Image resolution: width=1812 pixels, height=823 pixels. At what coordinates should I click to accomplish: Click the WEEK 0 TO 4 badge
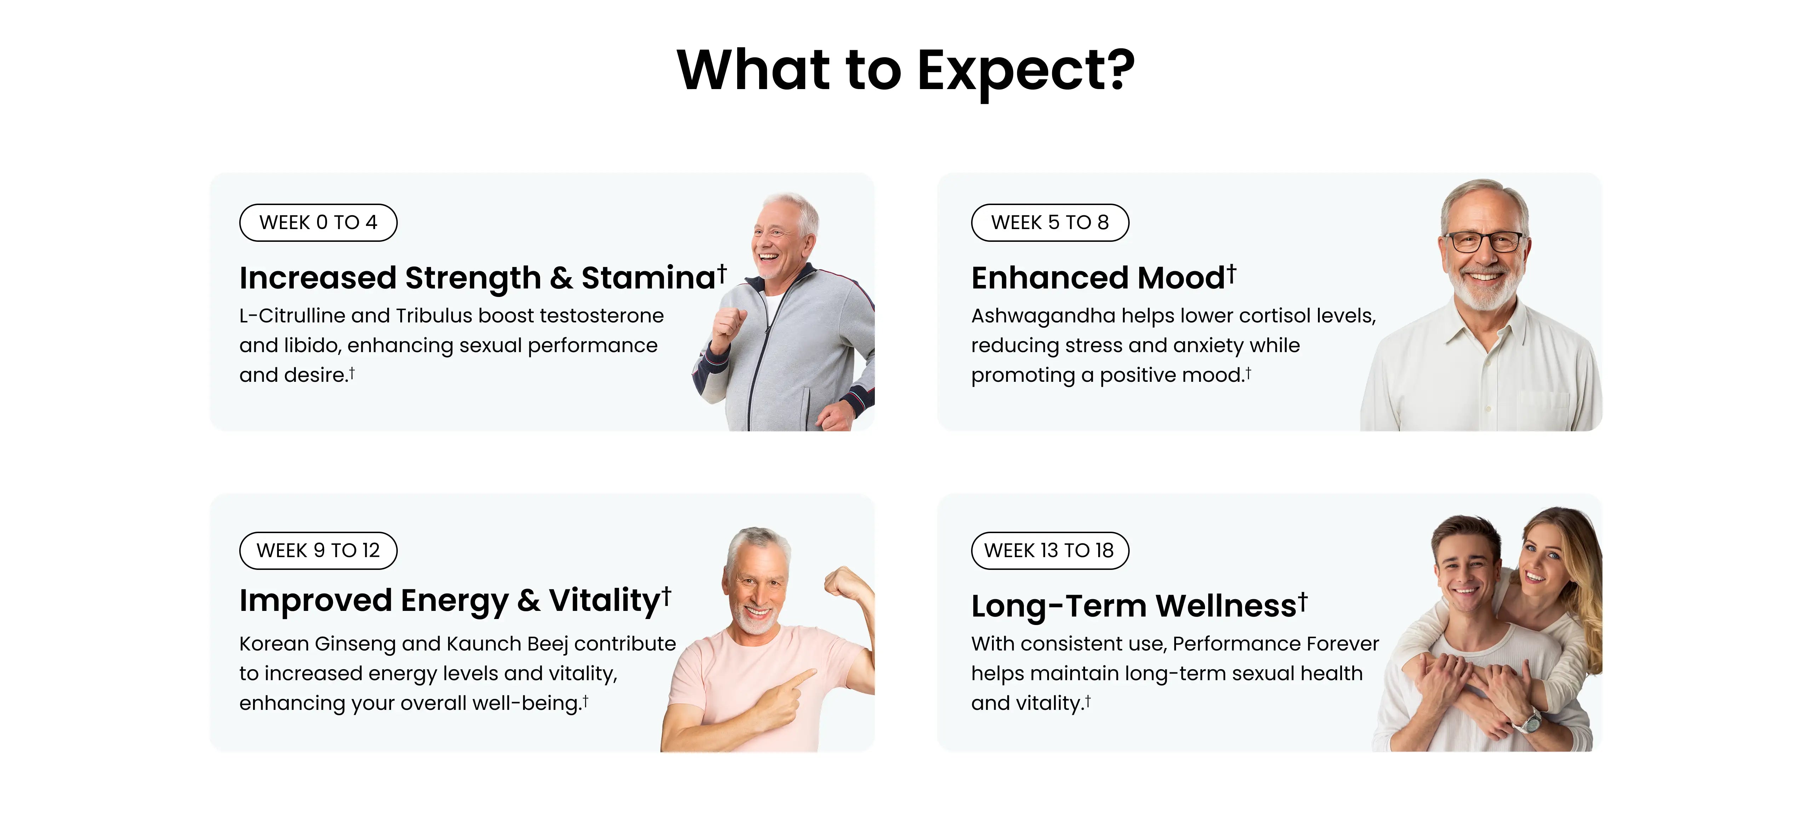(x=318, y=223)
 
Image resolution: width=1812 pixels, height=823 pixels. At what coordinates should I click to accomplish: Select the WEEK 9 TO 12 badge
(x=318, y=550)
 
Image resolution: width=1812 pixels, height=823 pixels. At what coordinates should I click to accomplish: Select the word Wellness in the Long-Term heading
(x=1226, y=606)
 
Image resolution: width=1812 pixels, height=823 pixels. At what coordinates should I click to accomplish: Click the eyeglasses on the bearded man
(x=1484, y=242)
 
